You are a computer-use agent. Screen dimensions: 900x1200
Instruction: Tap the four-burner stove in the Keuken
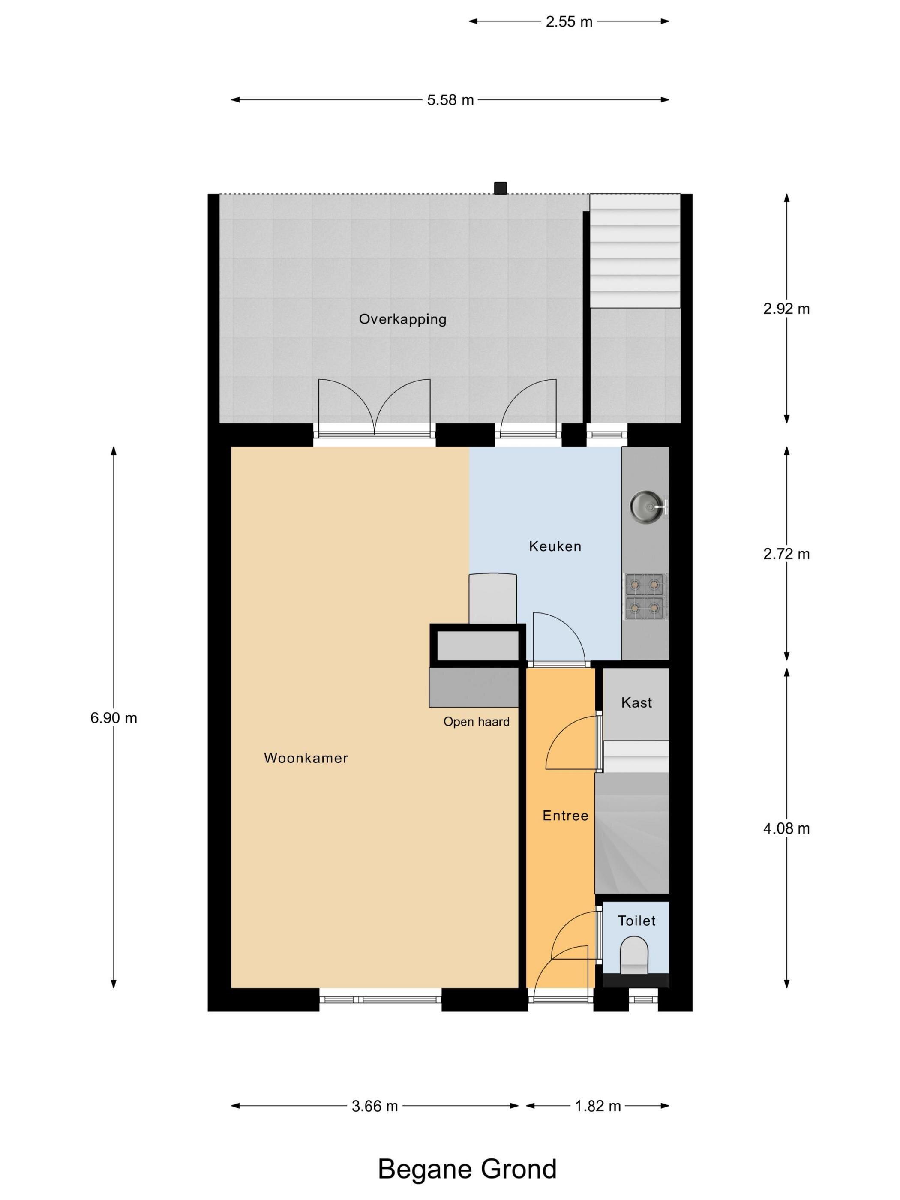(645, 597)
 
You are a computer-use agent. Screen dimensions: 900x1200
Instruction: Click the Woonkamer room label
(306, 759)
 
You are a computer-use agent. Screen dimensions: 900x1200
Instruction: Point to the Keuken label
(555, 547)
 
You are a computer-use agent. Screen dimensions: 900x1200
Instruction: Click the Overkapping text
(402, 320)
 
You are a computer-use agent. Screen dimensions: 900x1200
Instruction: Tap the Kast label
(636, 703)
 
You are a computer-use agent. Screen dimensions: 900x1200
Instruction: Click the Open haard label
(476, 722)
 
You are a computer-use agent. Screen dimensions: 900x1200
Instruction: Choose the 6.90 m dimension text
(114, 718)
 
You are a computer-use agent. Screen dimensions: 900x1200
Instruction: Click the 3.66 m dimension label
(375, 1107)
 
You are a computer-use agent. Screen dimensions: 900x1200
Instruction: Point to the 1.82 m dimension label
(598, 1107)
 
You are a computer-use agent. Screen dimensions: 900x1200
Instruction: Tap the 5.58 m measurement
(450, 100)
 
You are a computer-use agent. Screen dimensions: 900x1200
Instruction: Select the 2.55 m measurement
(569, 22)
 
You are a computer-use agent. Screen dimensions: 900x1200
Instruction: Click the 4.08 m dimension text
(786, 829)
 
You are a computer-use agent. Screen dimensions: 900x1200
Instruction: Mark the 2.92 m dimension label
(786, 309)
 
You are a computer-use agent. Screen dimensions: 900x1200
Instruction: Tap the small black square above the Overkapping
(500, 188)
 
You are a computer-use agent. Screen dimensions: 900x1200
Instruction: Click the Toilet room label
(637, 921)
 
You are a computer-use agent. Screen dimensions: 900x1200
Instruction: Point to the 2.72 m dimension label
(786, 554)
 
